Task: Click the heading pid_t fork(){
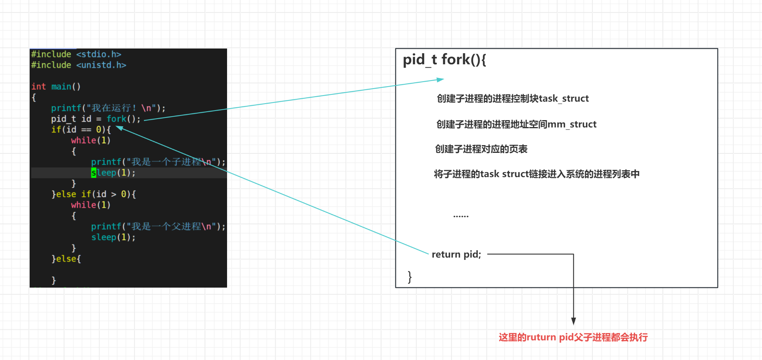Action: (x=444, y=60)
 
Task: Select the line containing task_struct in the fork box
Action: (x=513, y=99)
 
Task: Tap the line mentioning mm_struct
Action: (x=516, y=124)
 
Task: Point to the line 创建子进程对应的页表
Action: (x=481, y=149)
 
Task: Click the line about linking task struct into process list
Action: (x=536, y=174)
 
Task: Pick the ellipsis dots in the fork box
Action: (x=461, y=216)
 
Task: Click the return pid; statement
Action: (x=456, y=255)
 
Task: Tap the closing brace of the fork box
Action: (x=409, y=276)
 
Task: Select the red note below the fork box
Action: (x=573, y=337)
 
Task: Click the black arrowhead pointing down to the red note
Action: (x=573, y=321)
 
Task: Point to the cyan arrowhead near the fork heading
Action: (x=440, y=80)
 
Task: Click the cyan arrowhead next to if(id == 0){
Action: (x=120, y=128)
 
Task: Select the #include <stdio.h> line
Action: (x=76, y=54)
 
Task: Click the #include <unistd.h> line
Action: (x=79, y=65)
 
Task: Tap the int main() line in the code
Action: (x=56, y=87)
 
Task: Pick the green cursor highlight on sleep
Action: (x=94, y=173)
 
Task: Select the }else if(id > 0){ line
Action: (x=94, y=194)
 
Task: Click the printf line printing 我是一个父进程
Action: (x=158, y=226)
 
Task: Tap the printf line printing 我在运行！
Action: (x=108, y=108)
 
